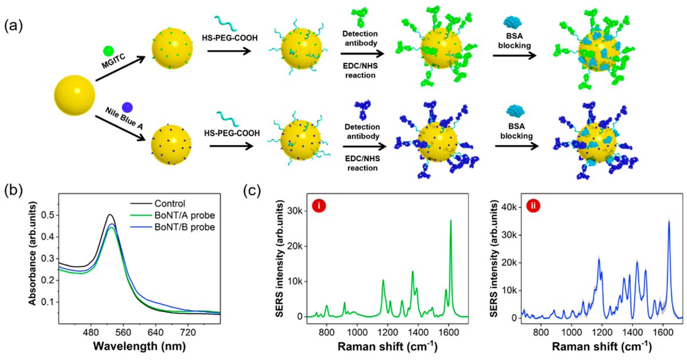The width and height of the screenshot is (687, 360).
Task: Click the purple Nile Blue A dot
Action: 127,106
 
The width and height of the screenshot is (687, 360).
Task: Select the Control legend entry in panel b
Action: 172,203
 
